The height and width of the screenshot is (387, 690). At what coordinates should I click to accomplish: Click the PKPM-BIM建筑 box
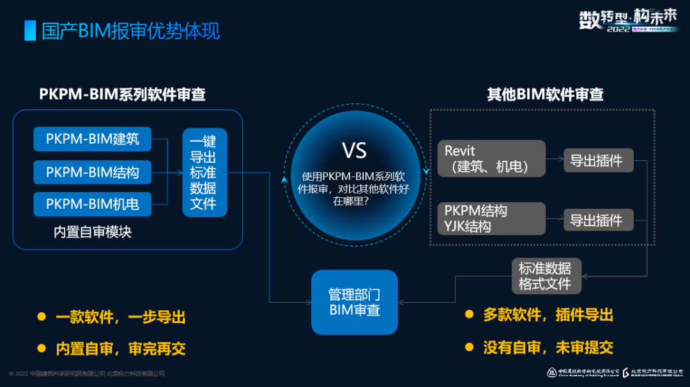point(93,139)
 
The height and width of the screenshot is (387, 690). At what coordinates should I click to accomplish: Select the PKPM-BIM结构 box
point(93,172)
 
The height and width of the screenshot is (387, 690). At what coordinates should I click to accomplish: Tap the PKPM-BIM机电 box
point(93,204)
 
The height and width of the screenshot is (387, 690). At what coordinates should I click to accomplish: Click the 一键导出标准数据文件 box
point(204,172)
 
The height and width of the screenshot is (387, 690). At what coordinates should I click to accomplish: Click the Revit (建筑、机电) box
point(491,158)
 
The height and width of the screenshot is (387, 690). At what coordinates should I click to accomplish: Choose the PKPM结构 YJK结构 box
point(491,218)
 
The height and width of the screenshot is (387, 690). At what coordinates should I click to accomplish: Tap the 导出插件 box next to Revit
point(597,160)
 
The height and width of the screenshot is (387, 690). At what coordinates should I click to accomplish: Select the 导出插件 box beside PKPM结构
point(597,220)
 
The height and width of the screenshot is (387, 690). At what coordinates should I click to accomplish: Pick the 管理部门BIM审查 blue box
point(355,302)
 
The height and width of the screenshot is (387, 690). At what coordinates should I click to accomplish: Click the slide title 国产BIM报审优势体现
point(131,31)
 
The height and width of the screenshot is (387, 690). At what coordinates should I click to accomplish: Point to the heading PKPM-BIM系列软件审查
point(123,95)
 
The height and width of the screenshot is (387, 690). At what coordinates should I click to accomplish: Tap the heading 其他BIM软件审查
point(545,95)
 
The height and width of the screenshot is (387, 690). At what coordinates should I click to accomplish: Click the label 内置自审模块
point(93,232)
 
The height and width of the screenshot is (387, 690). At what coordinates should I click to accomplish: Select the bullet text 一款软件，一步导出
point(120,317)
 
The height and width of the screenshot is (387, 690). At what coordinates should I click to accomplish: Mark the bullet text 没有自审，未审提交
point(548,347)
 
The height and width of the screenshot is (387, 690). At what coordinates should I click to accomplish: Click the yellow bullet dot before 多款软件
point(470,314)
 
